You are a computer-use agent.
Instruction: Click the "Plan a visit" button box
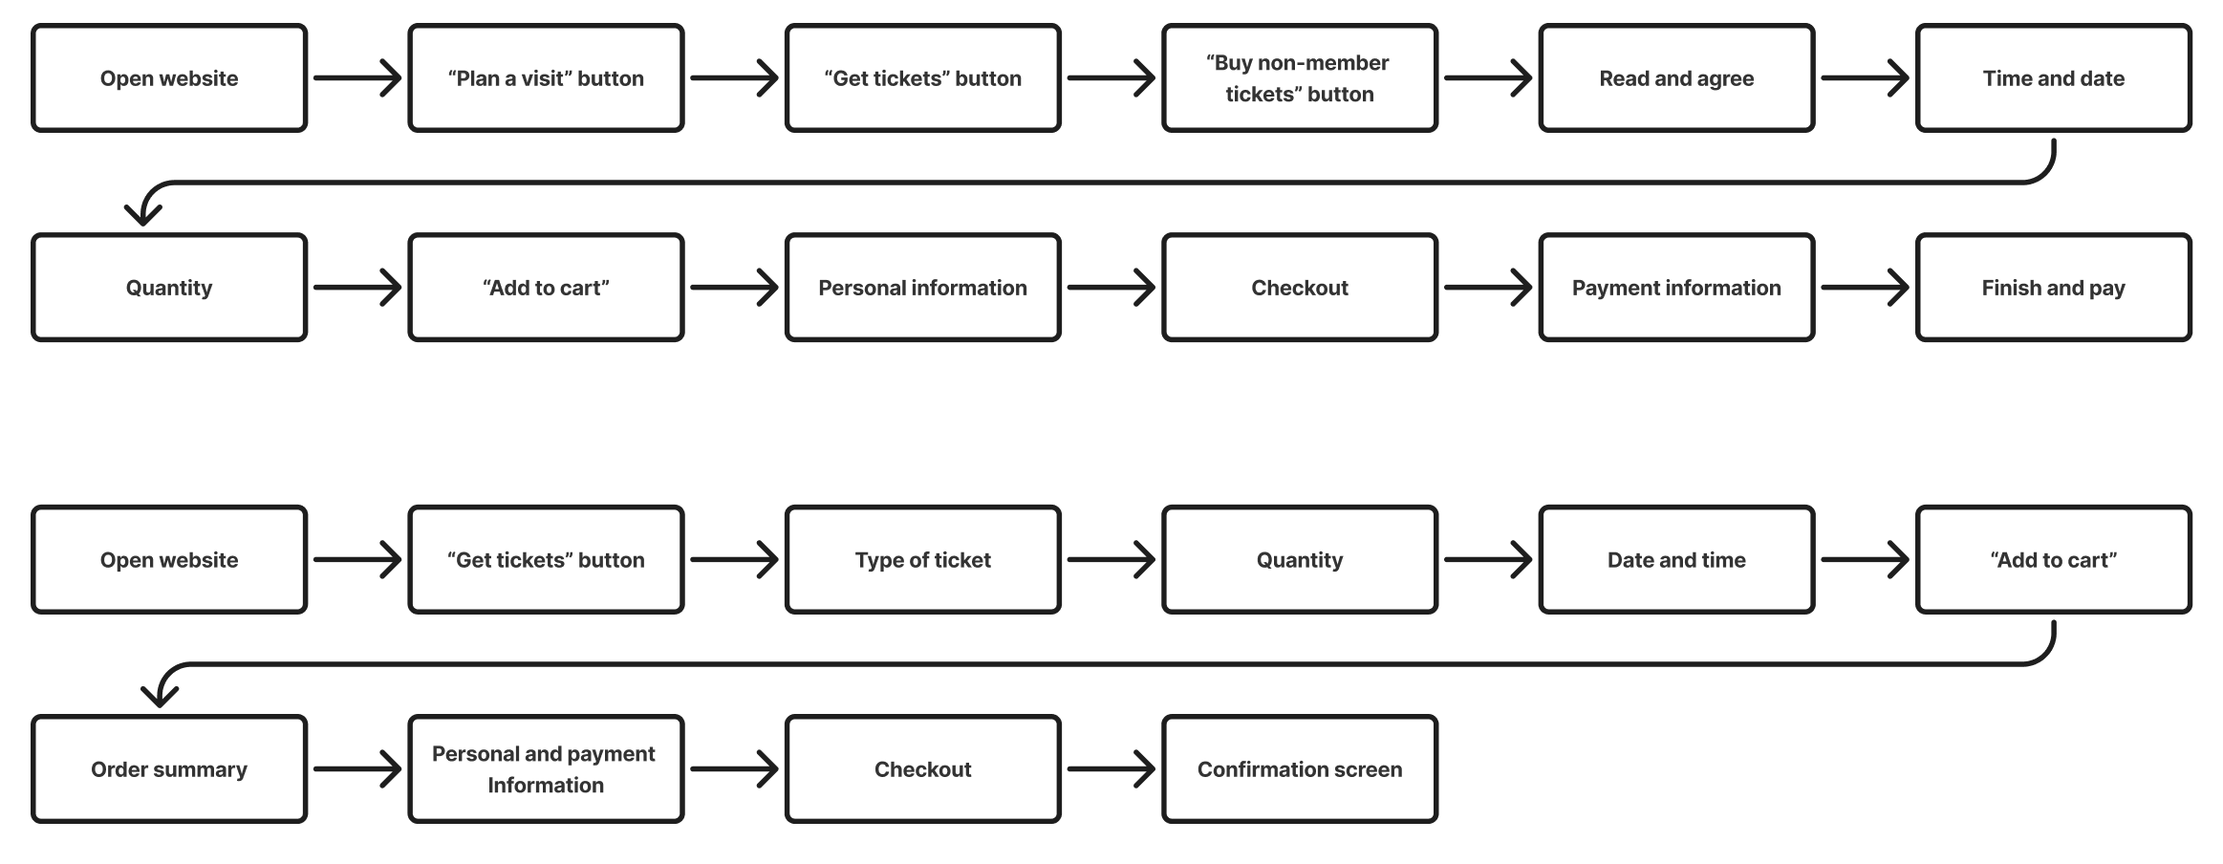(546, 78)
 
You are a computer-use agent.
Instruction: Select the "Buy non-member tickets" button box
(1300, 78)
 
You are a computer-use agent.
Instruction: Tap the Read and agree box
(1676, 78)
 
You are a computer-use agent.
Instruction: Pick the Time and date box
(2053, 78)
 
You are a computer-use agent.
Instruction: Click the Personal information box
(922, 288)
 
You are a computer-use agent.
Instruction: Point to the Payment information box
(1676, 288)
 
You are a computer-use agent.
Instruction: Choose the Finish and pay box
(2053, 288)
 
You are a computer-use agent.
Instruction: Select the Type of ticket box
(922, 560)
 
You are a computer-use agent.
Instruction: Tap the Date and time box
(1676, 560)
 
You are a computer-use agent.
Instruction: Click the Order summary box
(169, 769)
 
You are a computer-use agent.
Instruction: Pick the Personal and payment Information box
(546, 769)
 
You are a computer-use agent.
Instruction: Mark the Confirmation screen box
(1300, 769)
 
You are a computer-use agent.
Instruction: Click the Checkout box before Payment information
(1300, 288)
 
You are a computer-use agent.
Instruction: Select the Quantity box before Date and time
(1300, 560)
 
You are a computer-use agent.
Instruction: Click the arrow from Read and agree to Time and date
(1865, 78)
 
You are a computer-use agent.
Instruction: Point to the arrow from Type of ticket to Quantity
(1111, 560)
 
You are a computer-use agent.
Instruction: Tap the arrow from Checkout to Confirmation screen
(1111, 769)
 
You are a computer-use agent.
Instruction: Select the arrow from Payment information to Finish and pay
(1865, 288)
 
